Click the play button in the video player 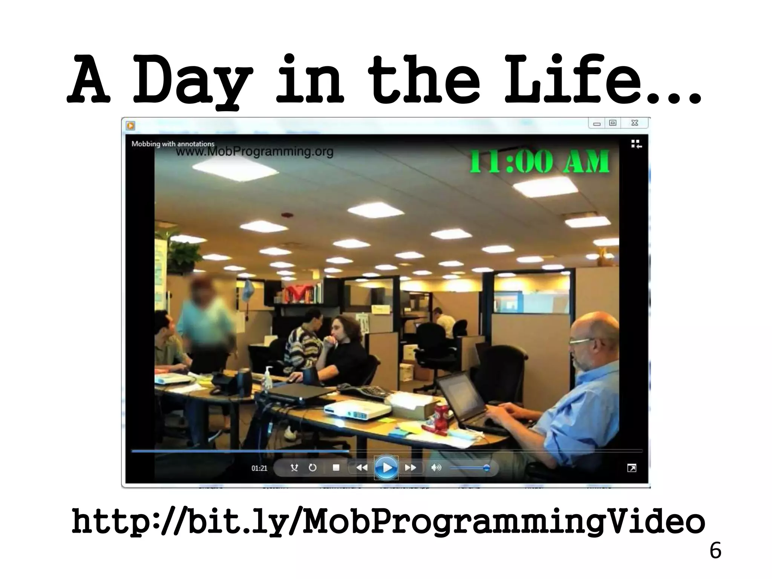[x=386, y=468]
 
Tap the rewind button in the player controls [x=361, y=468]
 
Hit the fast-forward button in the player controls [x=411, y=468]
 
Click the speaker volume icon [x=436, y=468]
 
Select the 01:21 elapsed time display [x=259, y=468]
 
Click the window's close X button [x=635, y=123]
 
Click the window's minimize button [x=597, y=123]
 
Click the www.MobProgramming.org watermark [x=255, y=152]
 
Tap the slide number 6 [x=715, y=551]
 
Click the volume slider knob [x=486, y=468]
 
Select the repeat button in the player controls [x=312, y=468]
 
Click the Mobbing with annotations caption [x=173, y=144]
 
